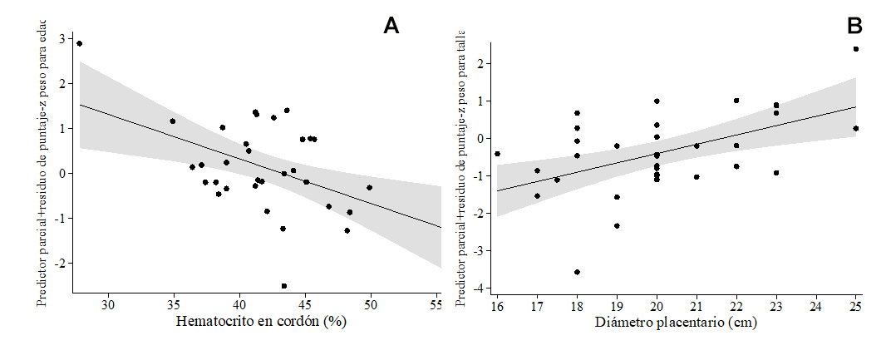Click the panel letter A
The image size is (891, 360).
(x=391, y=27)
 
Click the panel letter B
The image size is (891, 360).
(x=854, y=27)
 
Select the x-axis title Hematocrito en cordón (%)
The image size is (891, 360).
(x=259, y=323)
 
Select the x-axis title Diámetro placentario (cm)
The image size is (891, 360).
(x=677, y=323)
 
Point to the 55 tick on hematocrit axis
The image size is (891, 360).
(x=436, y=305)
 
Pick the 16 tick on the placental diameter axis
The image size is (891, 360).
(x=497, y=305)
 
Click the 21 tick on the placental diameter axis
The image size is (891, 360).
(x=697, y=305)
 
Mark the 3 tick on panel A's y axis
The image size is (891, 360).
(x=62, y=39)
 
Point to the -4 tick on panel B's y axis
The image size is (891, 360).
(x=480, y=288)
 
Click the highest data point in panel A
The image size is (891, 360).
(x=79, y=43)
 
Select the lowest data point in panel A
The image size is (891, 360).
(x=284, y=285)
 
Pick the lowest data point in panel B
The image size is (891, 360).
(x=577, y=272)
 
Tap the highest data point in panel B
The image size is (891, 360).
(x=856, y=49)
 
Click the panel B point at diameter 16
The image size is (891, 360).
(x=497, y=154)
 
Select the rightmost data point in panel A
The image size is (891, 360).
(x=369, y=188)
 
